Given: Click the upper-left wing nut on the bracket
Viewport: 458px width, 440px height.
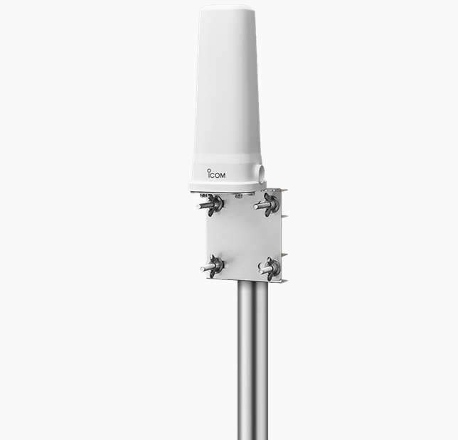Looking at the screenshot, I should click(214, 204).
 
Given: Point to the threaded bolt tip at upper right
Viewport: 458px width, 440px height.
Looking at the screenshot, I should click(256, 208).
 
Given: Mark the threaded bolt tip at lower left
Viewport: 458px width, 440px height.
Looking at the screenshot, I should click(203, 269).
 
